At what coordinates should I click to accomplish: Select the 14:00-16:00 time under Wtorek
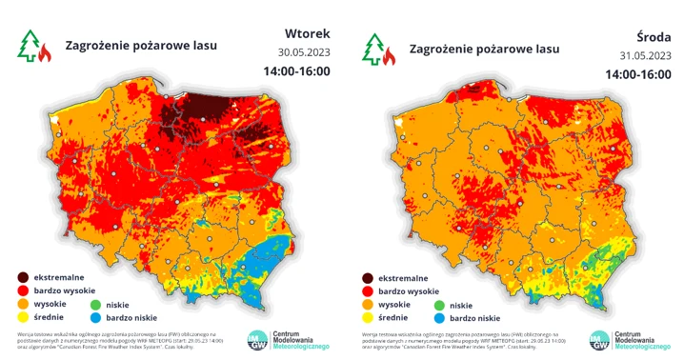(296, 71)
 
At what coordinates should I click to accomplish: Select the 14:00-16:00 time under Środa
(640, 72)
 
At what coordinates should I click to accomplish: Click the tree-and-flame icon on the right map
(378, 47)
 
